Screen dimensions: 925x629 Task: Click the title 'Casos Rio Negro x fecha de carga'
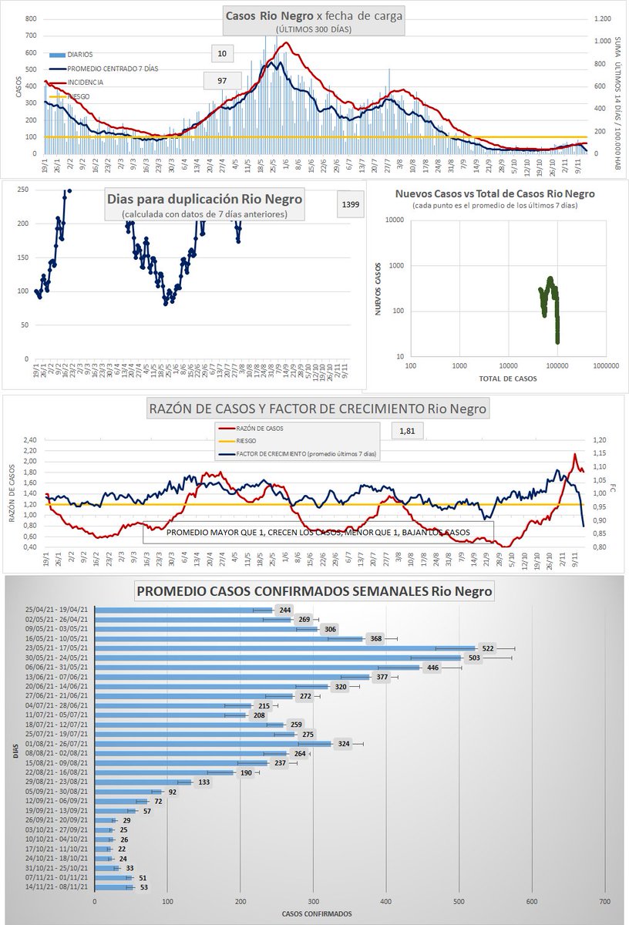[314, 16]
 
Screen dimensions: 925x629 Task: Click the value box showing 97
[222, 81]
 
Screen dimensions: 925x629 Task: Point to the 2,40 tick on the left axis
[31, 441]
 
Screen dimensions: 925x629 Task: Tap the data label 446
[432, 668]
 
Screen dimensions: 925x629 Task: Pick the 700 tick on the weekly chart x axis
[604, 900]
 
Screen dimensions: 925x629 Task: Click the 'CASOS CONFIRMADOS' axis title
[312, 914]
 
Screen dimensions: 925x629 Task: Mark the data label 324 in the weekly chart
[344, 745]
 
